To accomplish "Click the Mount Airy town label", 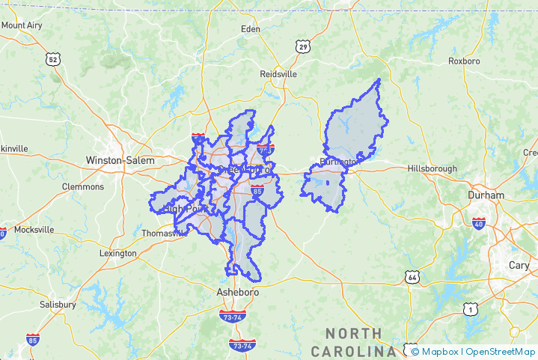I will coord(22,25).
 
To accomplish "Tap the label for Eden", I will coord(250,29).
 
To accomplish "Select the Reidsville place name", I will coord(278,74).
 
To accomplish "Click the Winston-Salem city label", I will coord(120,160).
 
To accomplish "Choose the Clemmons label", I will coord(83,186).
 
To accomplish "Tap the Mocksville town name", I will coord(34,230).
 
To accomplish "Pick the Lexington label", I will coord(117,253).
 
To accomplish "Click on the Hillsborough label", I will coord(432,168).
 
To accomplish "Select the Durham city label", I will coord(486,195).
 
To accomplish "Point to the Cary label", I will coord(519,265).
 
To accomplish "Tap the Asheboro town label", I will coord(237,292).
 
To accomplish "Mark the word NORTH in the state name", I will coord(353,333).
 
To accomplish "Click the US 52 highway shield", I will coord(52,58).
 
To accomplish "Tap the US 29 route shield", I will coord(302,46).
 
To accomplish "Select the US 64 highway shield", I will coord(413,278).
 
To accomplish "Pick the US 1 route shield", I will coord(469,308).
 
